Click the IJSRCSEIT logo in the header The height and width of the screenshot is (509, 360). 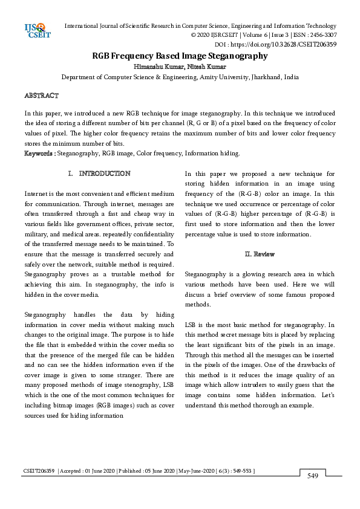pyautogui.click(x=36, y=30)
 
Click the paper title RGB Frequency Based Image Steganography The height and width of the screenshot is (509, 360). pyautogui.click(x=180, y=56)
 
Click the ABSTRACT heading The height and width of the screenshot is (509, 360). pyautogui.click(x=41, y=96)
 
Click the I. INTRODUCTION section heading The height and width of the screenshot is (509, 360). pyautogui.click(x=100, y=173)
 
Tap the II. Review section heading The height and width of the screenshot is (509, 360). pyautogui.click(x=259, y=254)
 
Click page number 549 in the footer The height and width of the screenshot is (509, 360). pyautogui.click(x=312, y=476)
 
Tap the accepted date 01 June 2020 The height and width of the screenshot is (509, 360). pyautogui.click(x=90, y=471)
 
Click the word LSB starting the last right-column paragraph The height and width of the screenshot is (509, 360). pyautogui.click(x=191, y=325)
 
